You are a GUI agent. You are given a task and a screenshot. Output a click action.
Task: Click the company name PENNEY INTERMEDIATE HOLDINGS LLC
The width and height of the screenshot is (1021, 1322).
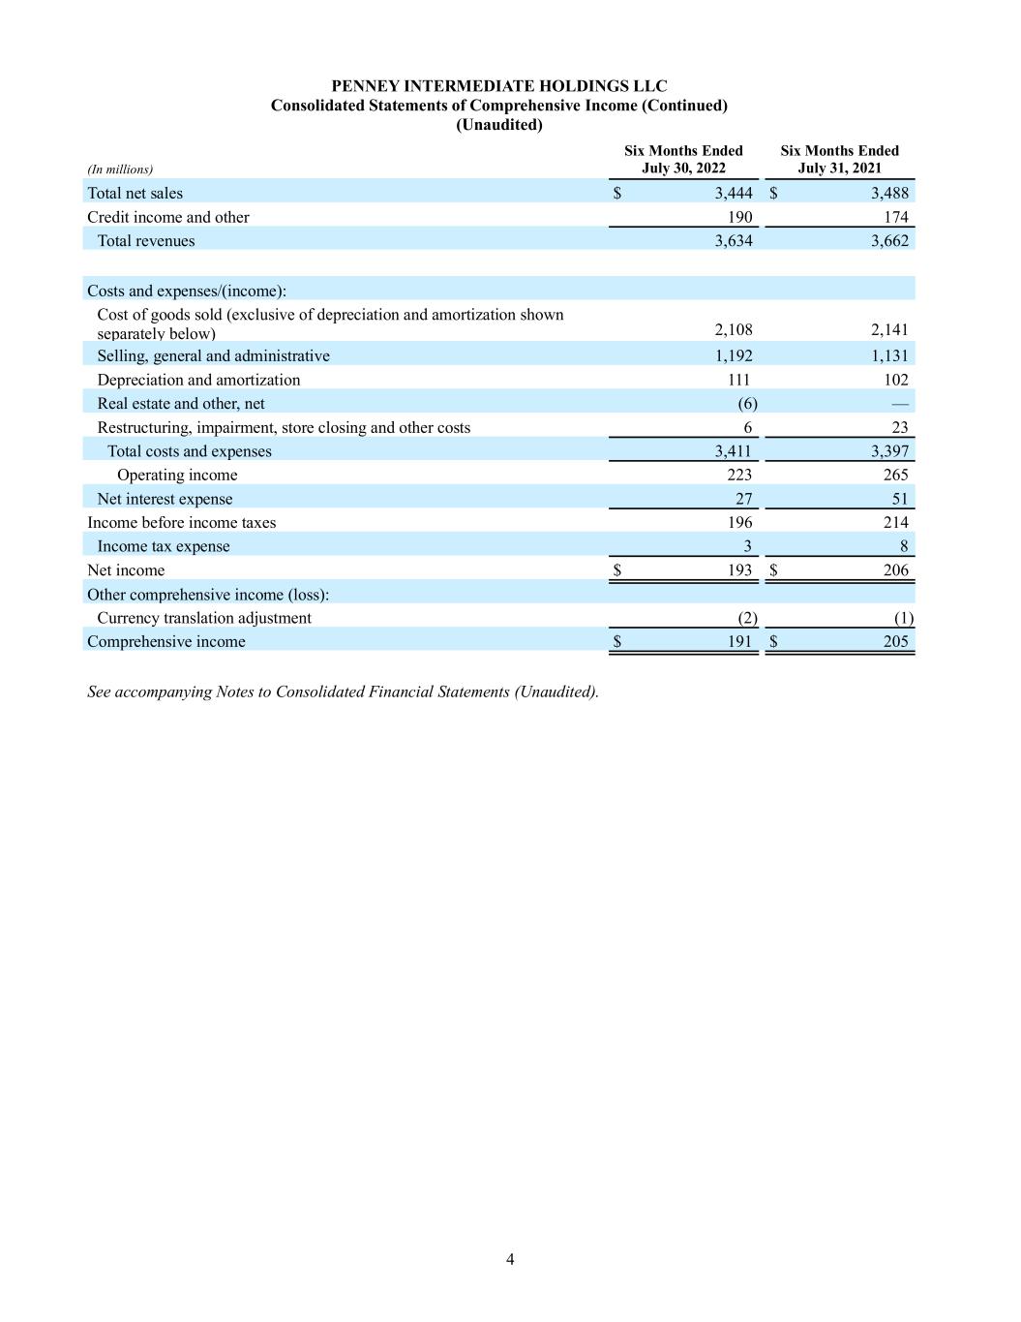[498, 86]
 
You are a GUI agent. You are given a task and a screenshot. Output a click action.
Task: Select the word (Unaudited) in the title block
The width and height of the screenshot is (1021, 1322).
[498, 125]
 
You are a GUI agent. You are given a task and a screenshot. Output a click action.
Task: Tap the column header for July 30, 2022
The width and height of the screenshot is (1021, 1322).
[683, 160]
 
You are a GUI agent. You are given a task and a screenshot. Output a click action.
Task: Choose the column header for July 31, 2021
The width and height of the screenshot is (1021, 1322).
[839, 160]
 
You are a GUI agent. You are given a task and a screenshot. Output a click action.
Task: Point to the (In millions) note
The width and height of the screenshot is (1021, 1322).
[120, 169]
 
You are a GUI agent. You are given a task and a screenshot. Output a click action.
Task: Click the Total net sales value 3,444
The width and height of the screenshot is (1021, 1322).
[734, 194]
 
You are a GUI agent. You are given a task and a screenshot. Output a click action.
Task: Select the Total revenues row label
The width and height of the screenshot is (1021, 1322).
[145, 241]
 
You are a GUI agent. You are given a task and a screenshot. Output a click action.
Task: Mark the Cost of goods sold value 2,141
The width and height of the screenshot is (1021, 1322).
[889, 330]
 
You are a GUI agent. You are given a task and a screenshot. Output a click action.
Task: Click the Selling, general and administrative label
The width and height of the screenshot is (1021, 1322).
[213, 356]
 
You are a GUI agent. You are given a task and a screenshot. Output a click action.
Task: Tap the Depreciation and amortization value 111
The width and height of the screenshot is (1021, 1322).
[738, 381]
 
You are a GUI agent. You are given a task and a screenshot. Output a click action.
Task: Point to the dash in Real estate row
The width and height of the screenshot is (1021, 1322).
[900, 404]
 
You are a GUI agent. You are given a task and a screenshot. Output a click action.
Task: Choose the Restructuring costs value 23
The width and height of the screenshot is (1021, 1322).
[899, 428]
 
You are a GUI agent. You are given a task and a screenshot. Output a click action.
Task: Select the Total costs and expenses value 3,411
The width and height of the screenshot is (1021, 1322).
[733, 451]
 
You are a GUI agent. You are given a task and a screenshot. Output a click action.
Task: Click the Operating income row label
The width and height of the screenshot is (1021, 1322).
[177, 476]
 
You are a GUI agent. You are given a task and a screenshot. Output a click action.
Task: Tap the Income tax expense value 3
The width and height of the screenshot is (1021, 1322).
[747, 546]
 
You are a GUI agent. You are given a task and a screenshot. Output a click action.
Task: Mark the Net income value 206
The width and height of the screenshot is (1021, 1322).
[895, 570]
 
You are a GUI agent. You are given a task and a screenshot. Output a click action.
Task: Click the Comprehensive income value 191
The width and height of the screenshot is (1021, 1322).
[739, 642]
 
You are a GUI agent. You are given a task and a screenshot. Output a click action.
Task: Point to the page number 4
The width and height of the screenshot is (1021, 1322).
[510, 1259]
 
